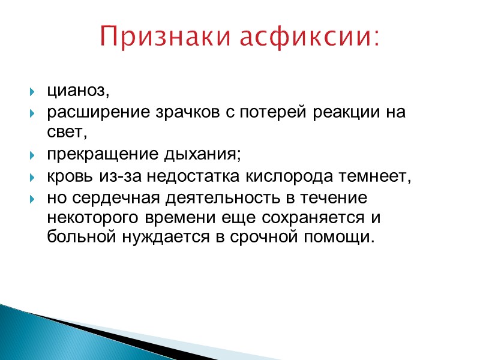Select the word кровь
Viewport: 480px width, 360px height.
(x=66, y=176)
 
